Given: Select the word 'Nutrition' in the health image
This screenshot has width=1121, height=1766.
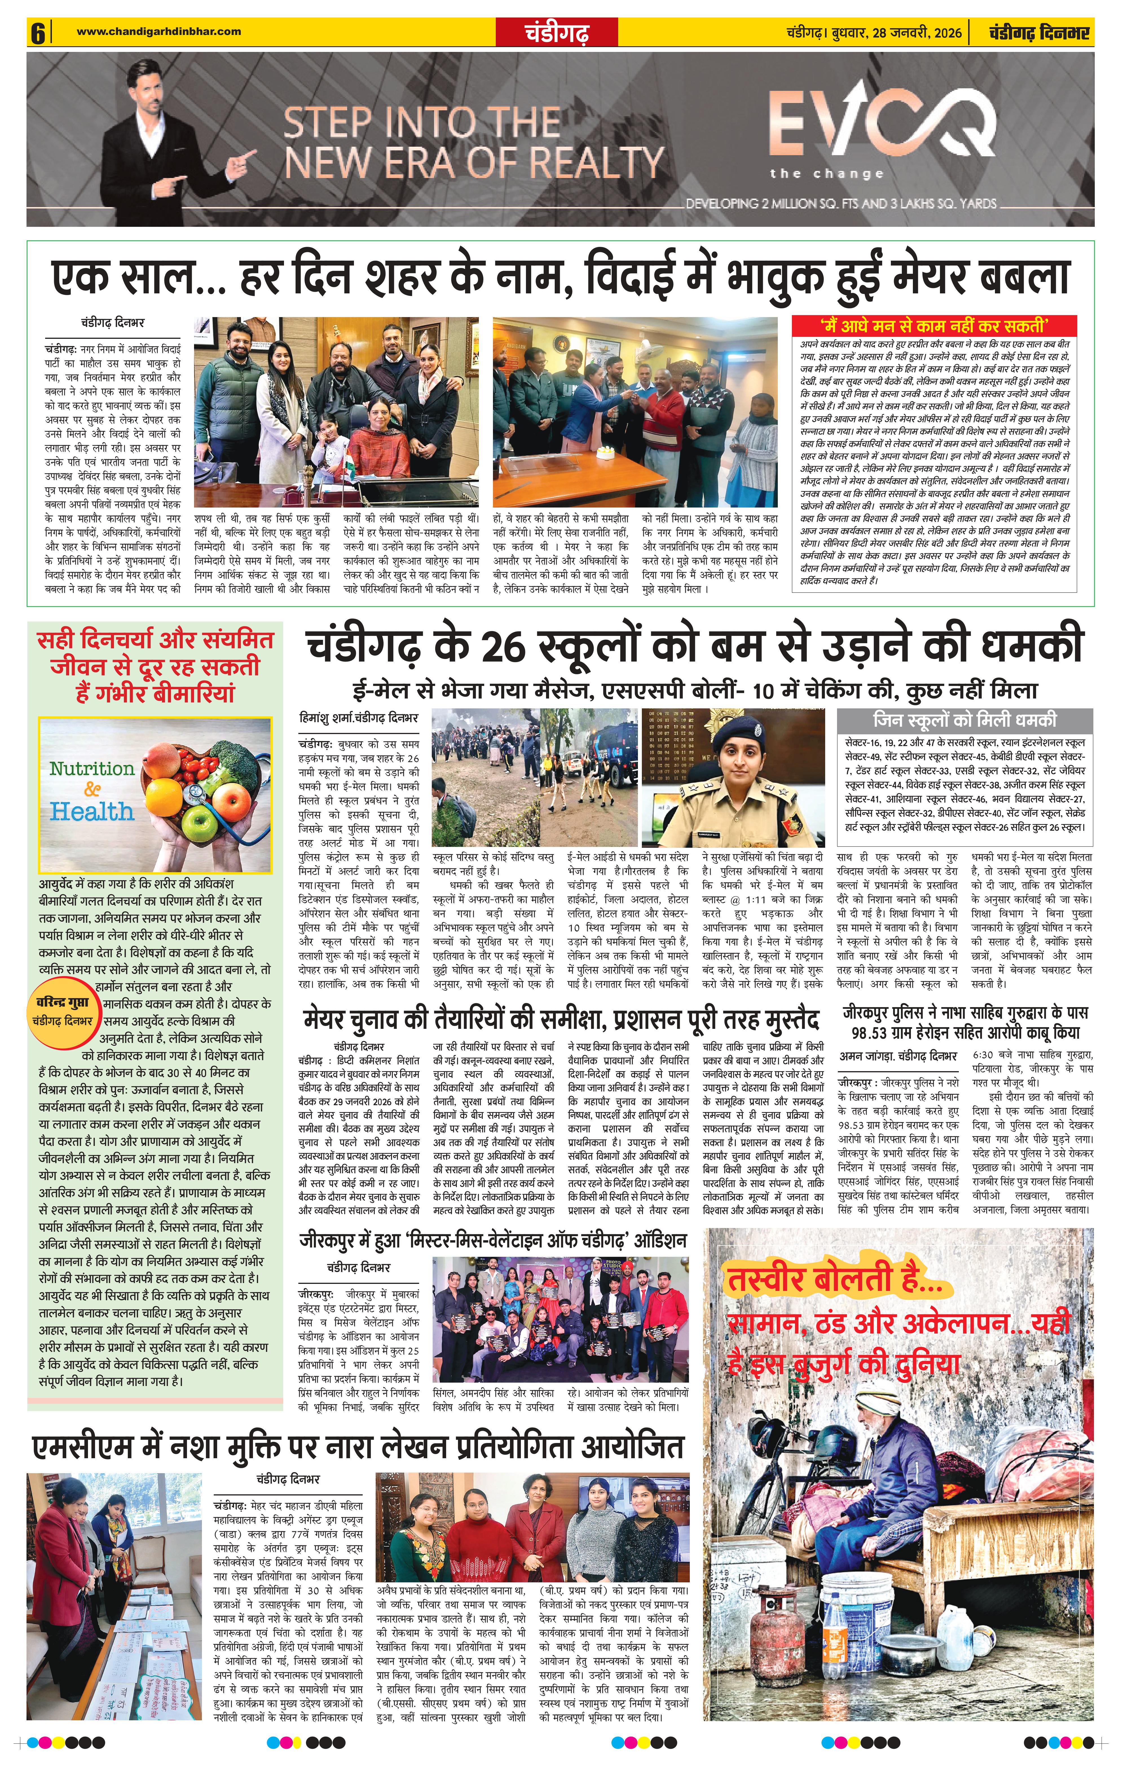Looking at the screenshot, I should [92, 768].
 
